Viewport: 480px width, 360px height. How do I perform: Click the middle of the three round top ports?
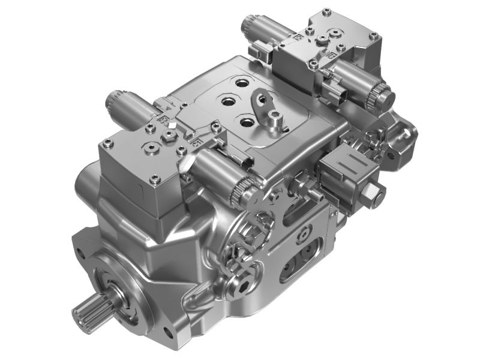tap(229, 103)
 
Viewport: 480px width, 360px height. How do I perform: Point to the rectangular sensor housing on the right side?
tap(348, 171)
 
